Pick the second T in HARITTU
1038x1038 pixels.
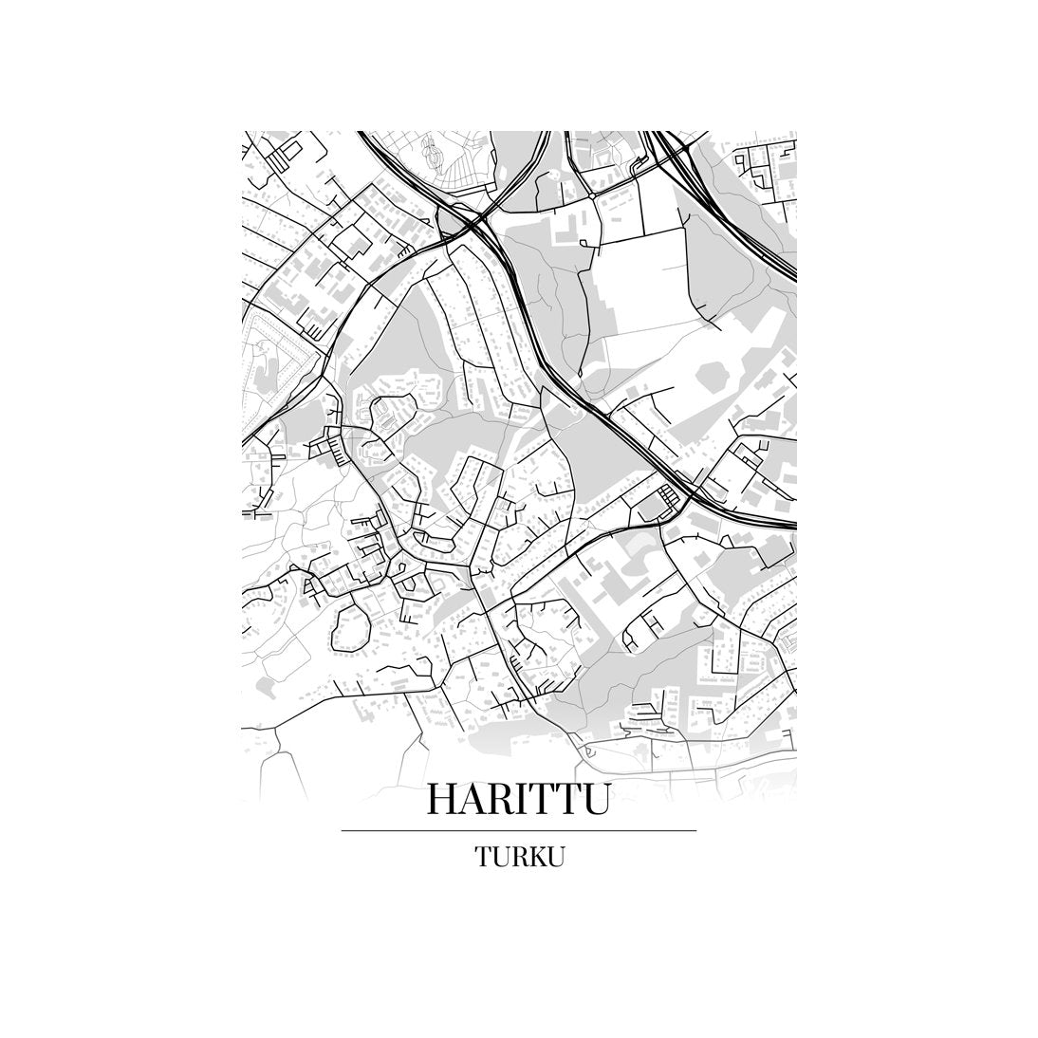point(574,799)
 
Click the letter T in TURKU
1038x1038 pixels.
point(484,857)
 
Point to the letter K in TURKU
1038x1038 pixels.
point(537,857)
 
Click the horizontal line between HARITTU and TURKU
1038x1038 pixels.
point(518,831)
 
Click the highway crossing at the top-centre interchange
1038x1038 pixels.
point(475,224)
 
